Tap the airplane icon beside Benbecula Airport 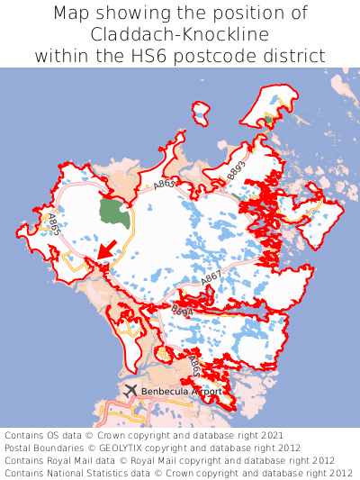[130, 391]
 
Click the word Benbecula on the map [166, 392]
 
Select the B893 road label [237, 168]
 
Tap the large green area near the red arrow [113, 213]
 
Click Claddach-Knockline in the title [180, 34]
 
